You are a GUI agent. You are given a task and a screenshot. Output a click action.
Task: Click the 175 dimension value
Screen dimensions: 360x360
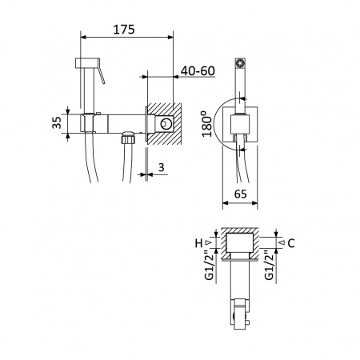pyautogui.click(x=124, y=30)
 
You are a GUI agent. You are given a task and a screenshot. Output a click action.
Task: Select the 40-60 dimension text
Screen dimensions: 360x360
pyautogui.click(x=198, y=70)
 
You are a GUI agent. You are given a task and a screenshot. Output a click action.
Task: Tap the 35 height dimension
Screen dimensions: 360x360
pyautogui.click(x=57, y=122)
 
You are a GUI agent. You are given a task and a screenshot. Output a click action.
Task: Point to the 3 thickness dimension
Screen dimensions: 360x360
pyautogui.click(x=162, y=167)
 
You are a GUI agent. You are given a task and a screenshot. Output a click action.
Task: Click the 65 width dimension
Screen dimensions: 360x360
pyautogui.click(x=240, y=194)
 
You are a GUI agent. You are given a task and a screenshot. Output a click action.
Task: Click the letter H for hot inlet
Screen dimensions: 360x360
pyautogui.click(x=198, y=243)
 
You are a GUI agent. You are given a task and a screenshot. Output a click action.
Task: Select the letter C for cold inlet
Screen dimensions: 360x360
pyautogui.click(x=291, y=243)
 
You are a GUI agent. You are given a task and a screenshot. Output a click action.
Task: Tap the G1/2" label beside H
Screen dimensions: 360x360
pyautogui.click(x=210, y=265)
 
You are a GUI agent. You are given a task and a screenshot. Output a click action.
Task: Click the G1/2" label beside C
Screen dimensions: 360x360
pyautogui.click(x=270, y=265)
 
